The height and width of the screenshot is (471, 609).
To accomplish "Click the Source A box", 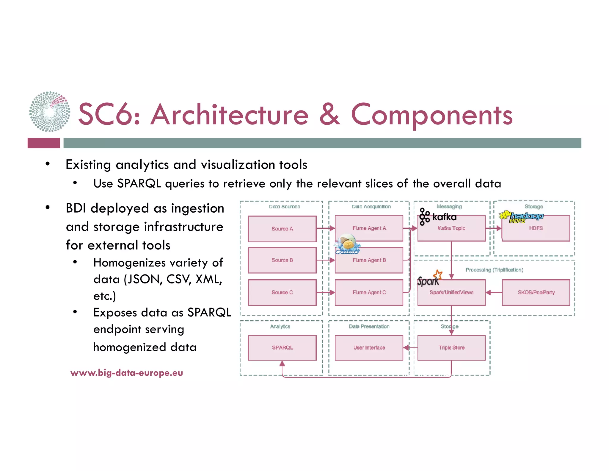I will point(282,229).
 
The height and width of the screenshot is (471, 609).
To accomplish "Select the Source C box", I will point(282,292).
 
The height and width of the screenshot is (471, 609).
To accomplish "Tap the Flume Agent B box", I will point(369,260).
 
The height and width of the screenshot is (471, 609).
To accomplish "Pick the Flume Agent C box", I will point(369,292).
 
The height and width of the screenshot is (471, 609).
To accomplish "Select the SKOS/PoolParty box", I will point(536,292).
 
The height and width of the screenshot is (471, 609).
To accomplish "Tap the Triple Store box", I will point(451,348).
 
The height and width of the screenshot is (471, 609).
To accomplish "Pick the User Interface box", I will point(369,348).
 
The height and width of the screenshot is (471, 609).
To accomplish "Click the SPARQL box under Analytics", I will point(282,348).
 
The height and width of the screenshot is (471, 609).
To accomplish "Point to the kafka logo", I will point(438,216).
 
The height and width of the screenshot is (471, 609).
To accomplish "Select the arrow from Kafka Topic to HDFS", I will point(494,229).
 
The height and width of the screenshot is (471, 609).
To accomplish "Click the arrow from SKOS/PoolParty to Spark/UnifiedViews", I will point(494,292).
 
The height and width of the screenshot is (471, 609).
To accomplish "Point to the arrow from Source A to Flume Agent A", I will point(326,228).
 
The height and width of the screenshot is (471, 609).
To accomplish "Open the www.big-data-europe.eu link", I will point(127,373).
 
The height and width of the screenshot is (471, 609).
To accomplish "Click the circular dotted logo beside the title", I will point(50,112).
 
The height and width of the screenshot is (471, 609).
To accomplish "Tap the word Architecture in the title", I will point(230,115).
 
